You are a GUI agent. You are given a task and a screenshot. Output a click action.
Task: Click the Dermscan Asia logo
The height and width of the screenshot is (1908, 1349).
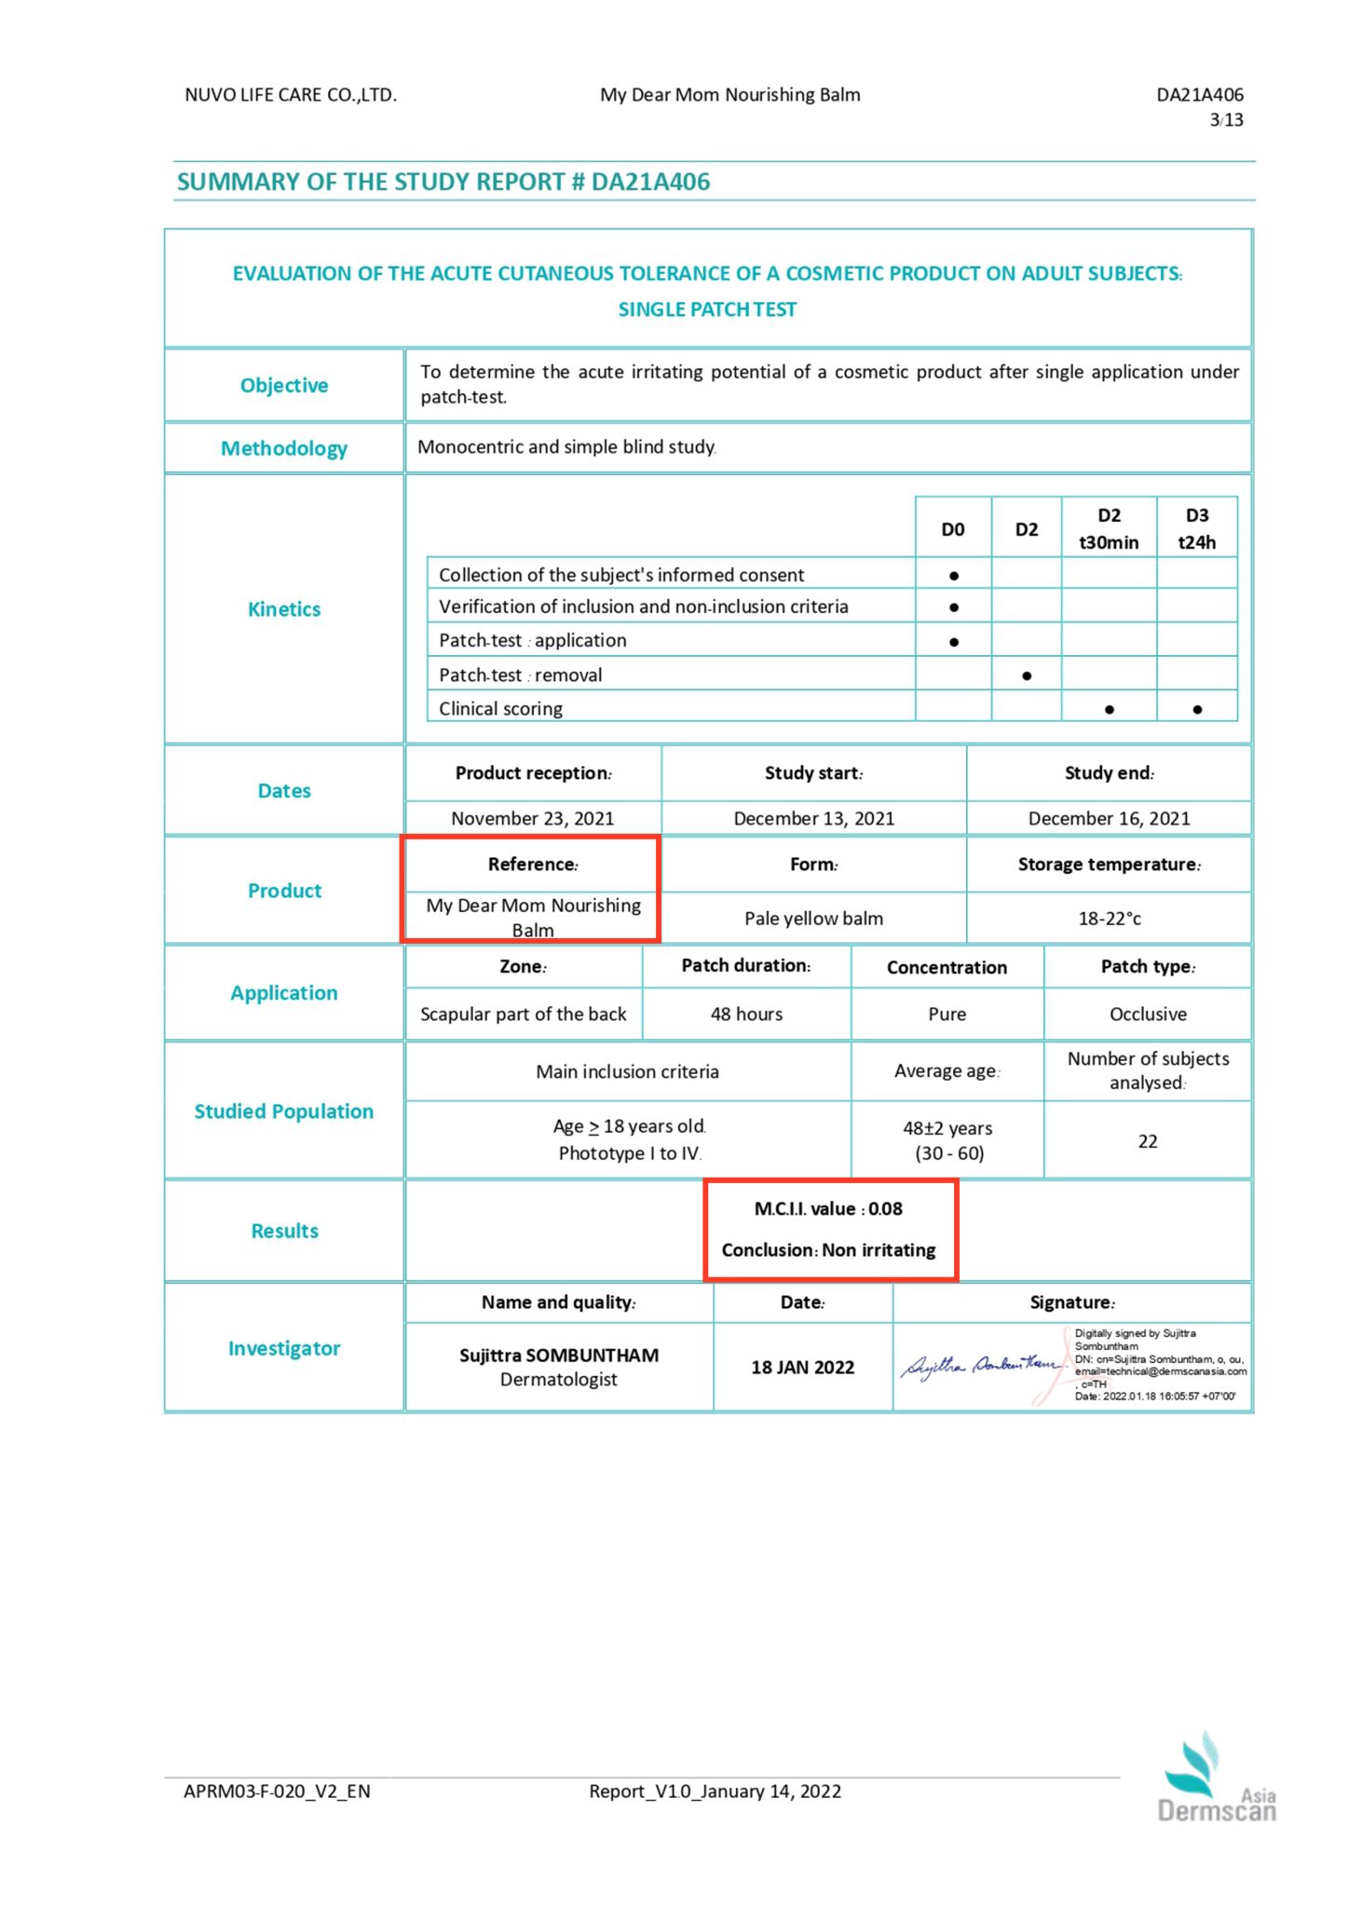(x=1216, y=1780)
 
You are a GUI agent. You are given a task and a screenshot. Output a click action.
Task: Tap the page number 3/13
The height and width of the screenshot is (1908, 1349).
(x=1226, y=120)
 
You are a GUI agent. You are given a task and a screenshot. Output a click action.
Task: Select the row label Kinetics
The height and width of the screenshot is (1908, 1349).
(x=284, y=609)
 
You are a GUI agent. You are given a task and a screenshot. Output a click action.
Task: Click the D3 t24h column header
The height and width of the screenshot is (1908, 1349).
(x=1196, y=528)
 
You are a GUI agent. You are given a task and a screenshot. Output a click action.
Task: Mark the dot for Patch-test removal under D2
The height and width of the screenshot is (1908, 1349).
(x=1026, y=675)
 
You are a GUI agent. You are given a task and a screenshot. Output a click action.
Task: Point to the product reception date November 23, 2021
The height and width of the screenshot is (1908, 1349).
(x=533, y=819)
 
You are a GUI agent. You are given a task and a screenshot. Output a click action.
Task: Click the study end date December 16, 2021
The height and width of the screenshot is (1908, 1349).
(x=1109, y=819)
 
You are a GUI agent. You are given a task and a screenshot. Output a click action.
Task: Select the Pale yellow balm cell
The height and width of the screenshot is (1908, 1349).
(x=813, y=919)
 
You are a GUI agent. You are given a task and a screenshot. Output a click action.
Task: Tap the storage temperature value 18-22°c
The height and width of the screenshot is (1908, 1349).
(x=1109, y=919)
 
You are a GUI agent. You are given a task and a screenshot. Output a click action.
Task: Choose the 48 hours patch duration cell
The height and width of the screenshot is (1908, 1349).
(x=746, y=1015)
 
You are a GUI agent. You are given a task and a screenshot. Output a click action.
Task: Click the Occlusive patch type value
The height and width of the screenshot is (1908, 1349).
(x=1148, y=1015)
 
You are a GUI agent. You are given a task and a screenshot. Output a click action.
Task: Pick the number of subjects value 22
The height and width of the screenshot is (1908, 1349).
(x=1148, y=1141)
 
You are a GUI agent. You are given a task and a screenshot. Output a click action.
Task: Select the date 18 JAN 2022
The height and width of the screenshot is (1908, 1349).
(x=802, y=1368)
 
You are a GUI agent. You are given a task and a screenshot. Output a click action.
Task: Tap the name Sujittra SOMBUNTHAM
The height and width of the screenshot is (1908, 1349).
(x=558, y=1356)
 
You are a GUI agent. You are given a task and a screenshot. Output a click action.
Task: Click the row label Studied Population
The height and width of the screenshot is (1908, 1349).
(x=284, y=1111)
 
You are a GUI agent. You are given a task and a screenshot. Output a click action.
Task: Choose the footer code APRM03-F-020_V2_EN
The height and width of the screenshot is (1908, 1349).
(x=277, y=1792)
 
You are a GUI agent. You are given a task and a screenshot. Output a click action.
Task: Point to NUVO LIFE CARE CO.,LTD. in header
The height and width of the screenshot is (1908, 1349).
(x=291, y=95)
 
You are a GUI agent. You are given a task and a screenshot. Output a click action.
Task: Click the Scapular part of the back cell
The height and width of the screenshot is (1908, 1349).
(x=524, y=1015)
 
